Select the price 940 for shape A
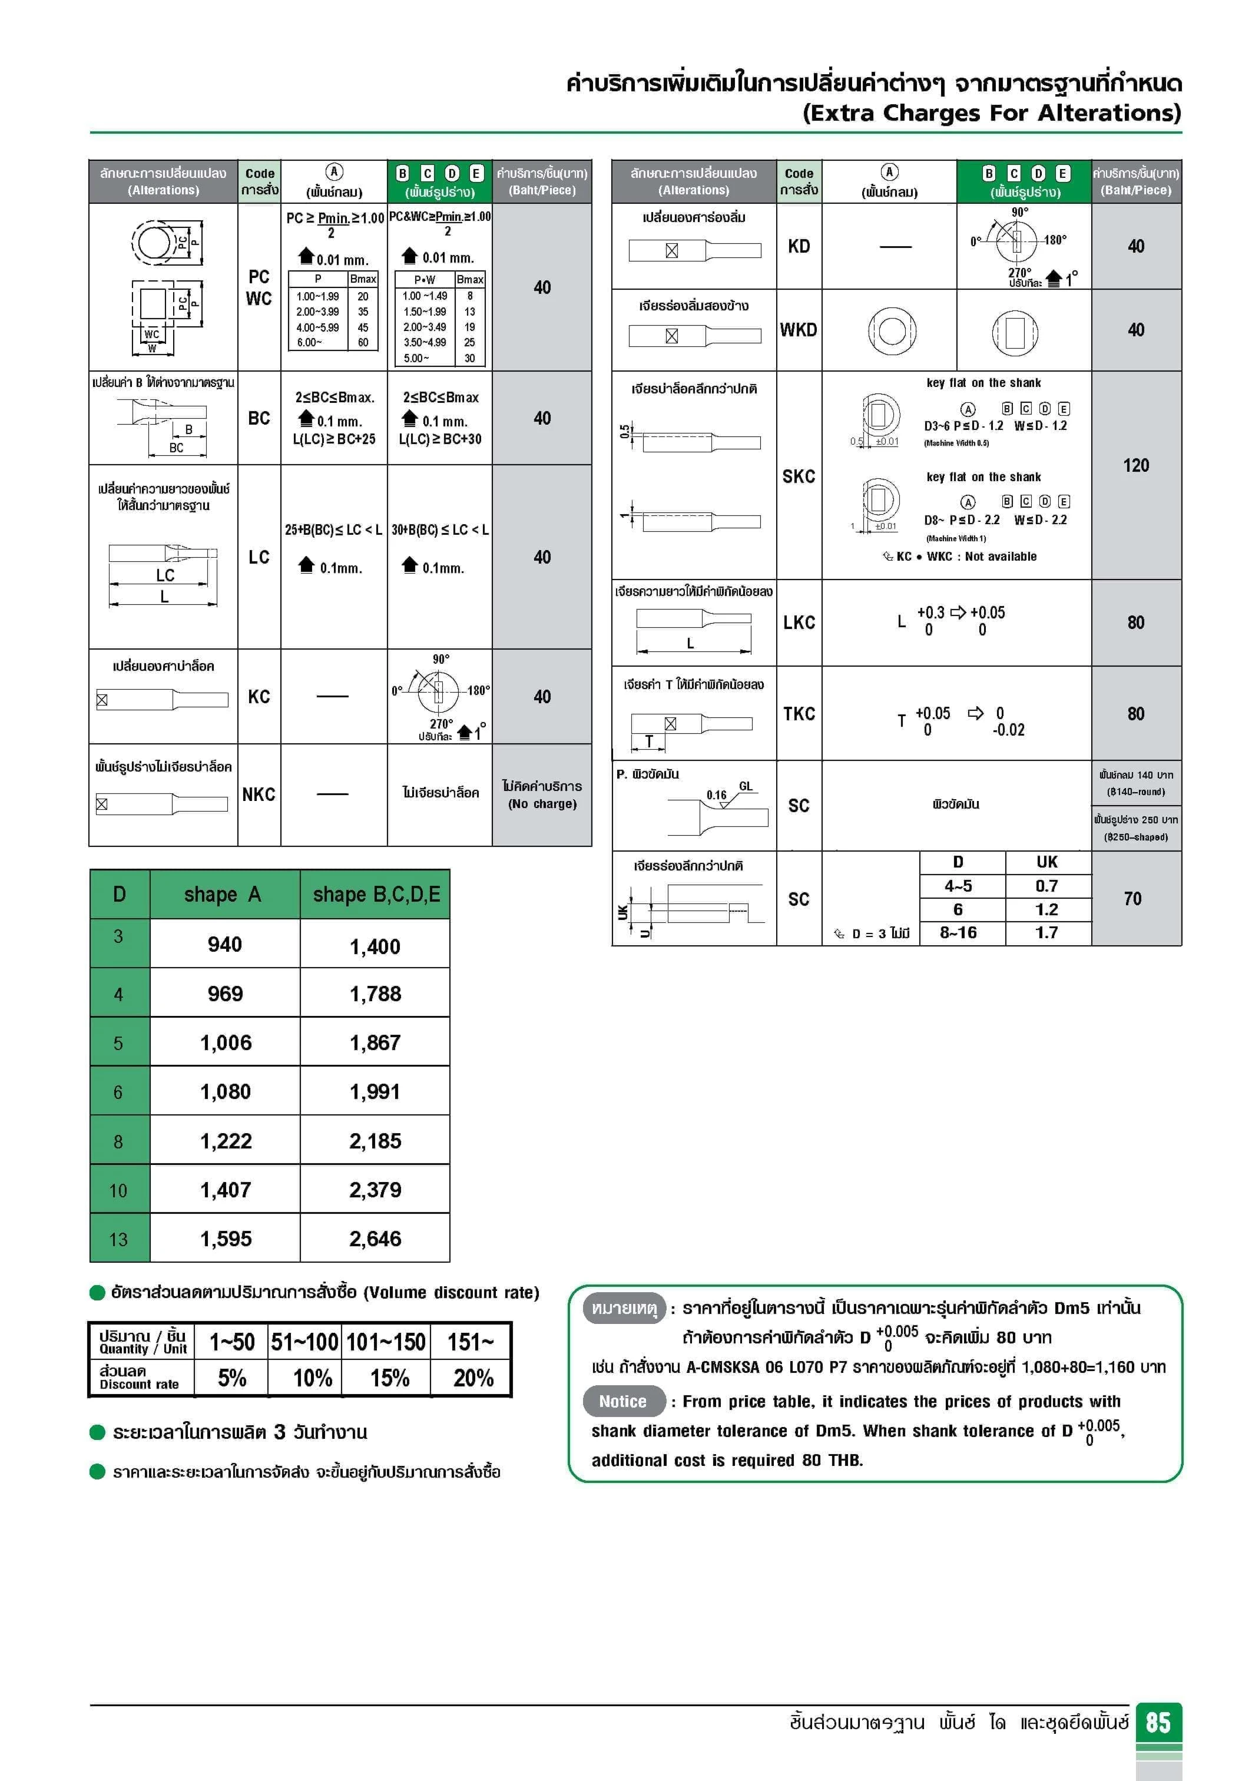(224, 944)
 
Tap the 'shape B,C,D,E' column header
(376, 895)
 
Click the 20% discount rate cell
(473, 1378)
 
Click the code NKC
(259, 795)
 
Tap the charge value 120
(1135, 465)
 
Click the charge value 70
(1132, 898)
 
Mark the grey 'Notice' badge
(623, 1401)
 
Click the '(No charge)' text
(542, 803)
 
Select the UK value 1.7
(1046, 932)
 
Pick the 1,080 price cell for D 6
(225, 1091)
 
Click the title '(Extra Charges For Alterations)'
(991, 113)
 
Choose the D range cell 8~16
(958, 932)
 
